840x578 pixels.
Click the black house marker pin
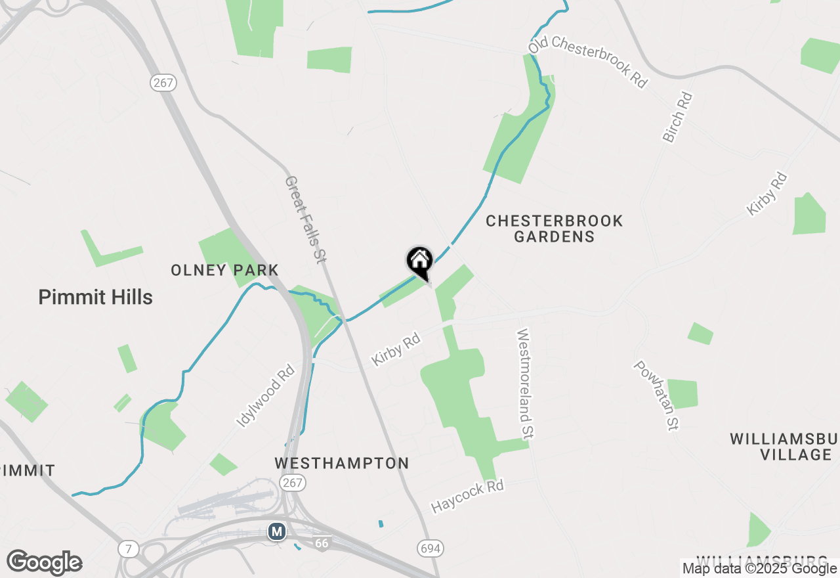pos(420,263)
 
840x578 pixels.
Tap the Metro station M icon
pos(277,531)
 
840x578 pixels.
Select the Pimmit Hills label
pos(95,298)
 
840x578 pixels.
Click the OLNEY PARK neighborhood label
pos(224,270)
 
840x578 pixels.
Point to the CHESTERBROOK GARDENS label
pos(555,229)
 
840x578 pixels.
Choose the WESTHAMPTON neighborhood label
pos(342,464)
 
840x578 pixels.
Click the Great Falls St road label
pos(306,219)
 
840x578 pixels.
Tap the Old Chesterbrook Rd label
pos(588,62)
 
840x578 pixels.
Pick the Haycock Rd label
pos(467,497)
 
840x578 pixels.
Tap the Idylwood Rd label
pos(266,397)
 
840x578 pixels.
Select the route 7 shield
pos(129,549)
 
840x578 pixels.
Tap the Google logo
pos(44,563)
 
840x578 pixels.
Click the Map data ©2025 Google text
pos(759,569)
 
